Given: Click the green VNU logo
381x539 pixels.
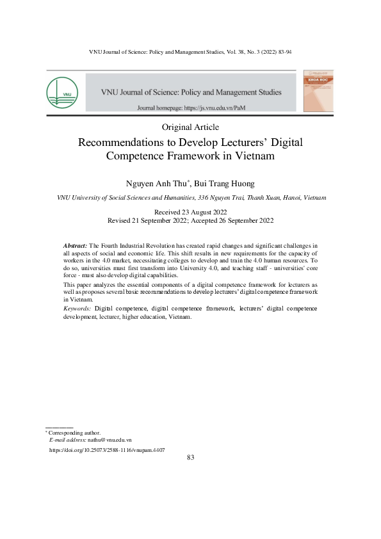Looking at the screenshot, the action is [61, 92].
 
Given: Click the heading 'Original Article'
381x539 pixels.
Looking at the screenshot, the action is [191, 127].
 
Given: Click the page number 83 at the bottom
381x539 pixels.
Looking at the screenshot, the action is [190, 457].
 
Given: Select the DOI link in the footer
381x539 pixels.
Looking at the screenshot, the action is [107, 449].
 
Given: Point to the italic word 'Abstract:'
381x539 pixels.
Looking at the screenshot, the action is [75, 246].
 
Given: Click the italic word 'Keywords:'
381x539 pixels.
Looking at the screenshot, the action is [77, 309].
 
